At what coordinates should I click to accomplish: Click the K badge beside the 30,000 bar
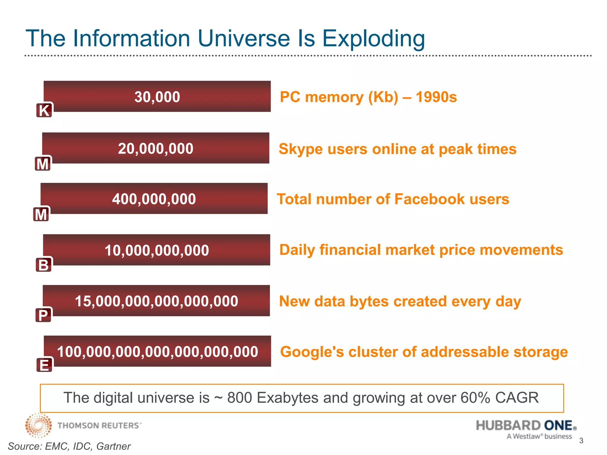pos(44,110)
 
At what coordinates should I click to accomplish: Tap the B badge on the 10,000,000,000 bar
pos(44,265)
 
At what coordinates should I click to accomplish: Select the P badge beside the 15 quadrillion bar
pos(43,315)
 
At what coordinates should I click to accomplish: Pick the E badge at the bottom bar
pos(44,365)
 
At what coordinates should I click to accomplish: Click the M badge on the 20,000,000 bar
pos(43,164)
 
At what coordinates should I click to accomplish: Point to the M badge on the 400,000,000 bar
pos(41,214)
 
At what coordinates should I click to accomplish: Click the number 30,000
pos(157,97)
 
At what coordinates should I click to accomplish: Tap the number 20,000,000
pos(156,148)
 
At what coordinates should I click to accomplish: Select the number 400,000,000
pos(154,199)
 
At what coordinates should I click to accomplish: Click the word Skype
pos(301,149)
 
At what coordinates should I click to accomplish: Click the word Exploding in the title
pos(373,39)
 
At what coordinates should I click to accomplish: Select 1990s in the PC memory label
pos(436,97)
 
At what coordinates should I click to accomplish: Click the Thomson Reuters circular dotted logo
pos(38,425)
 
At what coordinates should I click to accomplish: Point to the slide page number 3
pos(581,441)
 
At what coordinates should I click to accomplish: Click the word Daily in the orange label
pos(297,250)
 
